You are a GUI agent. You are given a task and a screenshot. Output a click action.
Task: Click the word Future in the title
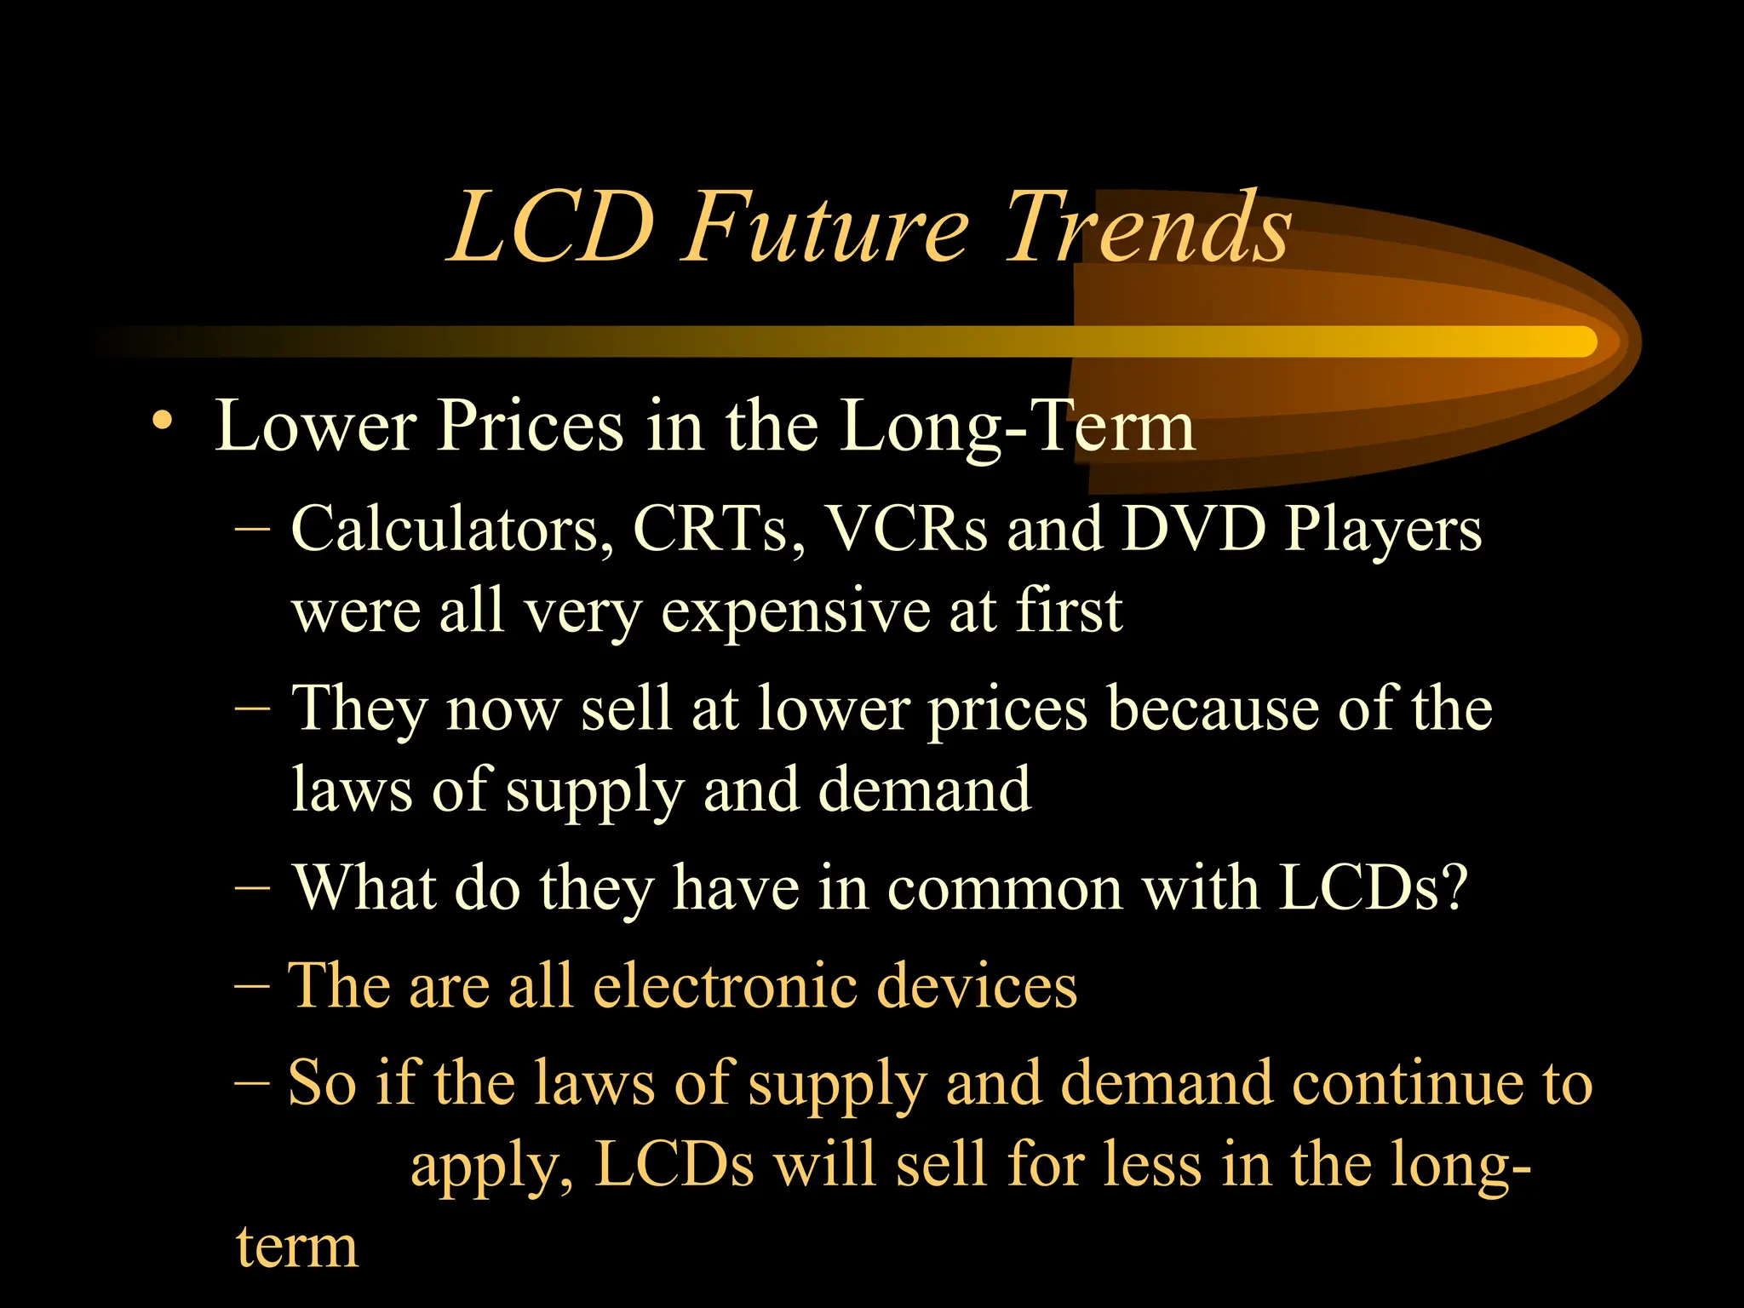pyautogui.click(x=826, y=228)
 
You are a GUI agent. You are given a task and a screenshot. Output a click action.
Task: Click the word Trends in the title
pyautogui.click(x=1148, y=228)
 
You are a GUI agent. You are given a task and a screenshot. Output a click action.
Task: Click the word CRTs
pyautogui.click(x=718, y=530)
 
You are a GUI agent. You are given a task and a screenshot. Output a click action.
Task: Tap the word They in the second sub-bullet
pyautogui.click(x=359, y=709)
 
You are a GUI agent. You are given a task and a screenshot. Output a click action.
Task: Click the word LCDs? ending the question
pyautogui.click(x=1374, y=888)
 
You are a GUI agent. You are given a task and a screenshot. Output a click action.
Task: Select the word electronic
pyautogui.click(x=725, y=986)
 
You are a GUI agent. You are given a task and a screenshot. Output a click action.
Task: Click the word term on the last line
pyautogui.click(x=296, y=1248)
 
